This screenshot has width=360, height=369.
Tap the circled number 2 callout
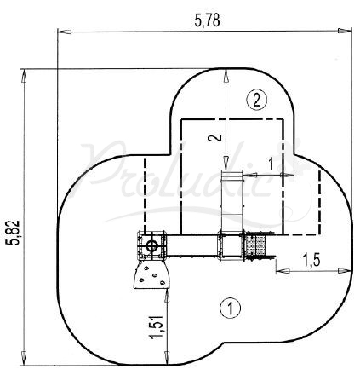(x=258, y=100)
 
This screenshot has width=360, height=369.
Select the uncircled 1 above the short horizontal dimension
(x=270, y=162)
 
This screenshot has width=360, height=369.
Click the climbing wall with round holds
(x=153, y=274)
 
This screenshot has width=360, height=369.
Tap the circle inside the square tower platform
(x=152, y=245)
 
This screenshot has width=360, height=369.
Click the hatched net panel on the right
(x=256, y=245)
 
